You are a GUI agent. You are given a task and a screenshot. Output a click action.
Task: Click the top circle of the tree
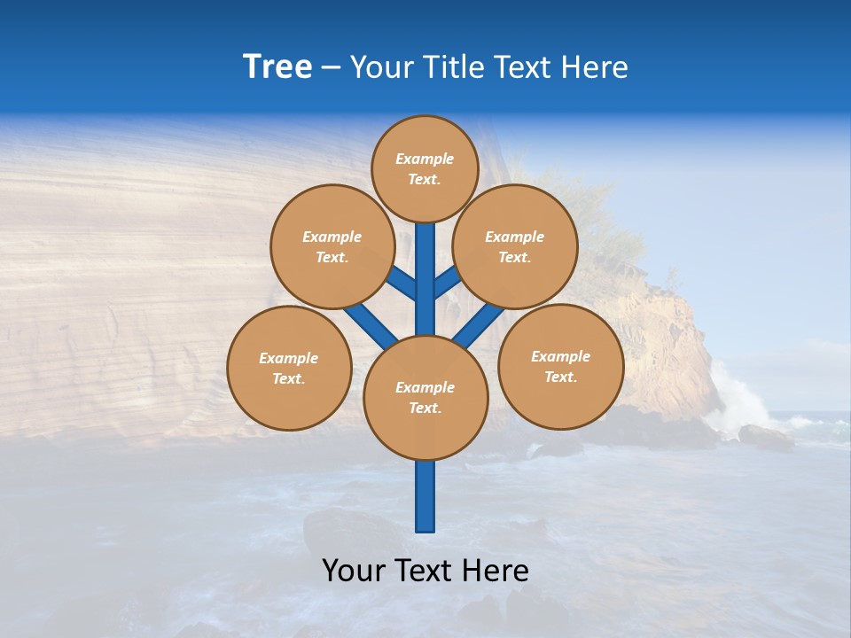425,168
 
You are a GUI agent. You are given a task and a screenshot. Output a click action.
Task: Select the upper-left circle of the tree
332,246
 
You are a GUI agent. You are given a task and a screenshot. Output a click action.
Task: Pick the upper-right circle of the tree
515,246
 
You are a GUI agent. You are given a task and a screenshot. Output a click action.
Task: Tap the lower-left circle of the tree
289,368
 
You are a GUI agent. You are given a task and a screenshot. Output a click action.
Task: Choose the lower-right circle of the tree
560,366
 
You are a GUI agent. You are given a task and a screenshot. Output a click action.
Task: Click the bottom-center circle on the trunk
425,398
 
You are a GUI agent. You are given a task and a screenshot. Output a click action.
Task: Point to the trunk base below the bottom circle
425,496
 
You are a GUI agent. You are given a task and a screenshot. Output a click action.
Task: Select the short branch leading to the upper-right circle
446,283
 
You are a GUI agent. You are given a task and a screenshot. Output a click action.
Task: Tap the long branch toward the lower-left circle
369,323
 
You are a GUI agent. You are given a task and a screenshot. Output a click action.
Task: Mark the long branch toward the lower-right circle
479,324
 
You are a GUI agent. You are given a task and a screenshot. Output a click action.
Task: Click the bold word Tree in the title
277,67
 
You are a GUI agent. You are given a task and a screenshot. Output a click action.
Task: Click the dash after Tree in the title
331,68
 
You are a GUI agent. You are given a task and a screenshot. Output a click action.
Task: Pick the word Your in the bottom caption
353,571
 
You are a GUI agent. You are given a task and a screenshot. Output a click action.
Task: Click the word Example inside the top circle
425,159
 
